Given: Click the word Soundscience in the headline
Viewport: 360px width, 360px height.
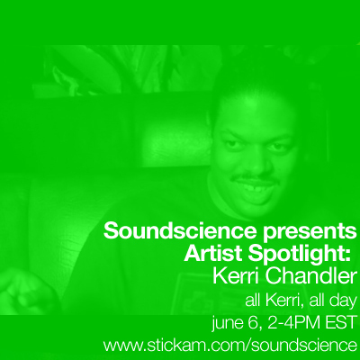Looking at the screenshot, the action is (180, 230).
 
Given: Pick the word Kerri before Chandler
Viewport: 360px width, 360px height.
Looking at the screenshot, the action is (236, 276).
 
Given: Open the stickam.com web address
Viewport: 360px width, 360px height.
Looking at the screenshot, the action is (230, 346).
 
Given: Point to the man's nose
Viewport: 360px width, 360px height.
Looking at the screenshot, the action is (256, 164).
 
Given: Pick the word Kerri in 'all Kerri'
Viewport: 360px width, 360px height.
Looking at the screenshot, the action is (284, 301).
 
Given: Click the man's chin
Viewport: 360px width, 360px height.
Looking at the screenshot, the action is (258, 204).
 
